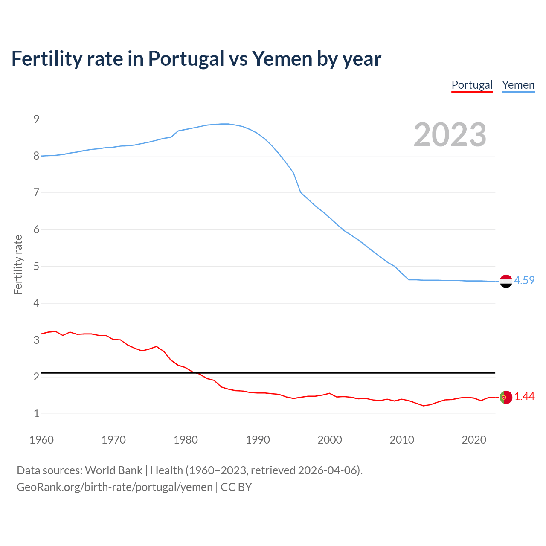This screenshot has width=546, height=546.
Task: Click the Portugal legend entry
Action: tap(472, 85)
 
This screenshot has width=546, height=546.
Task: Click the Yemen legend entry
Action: tap(518, 85)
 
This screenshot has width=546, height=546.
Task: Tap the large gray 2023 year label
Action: tap(450, 135)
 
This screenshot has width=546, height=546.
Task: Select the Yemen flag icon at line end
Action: tap(506, 281)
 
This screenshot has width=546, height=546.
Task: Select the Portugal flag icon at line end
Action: tap(506, 397)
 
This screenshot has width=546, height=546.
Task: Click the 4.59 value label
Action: tap(524, 280)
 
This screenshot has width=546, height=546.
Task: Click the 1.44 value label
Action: tap(524, 396)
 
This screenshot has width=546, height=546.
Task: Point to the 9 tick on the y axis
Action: tap(36, 119)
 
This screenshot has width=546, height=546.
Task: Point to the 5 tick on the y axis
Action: tap(36, 267)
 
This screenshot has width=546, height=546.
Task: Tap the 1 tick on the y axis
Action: tap(36, 413)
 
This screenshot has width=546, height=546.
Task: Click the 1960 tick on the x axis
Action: tap(41, 440)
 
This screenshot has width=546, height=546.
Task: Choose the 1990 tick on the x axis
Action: tap(258, 440)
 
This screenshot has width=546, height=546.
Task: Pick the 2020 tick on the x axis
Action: tap(474, 440)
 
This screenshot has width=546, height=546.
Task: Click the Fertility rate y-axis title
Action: tap(18, 264)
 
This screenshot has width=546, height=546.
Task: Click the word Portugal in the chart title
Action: tap(186, 58)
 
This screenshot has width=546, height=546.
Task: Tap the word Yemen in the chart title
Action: tap(282, 58)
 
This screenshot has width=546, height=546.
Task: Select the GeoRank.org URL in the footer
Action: tap(114, 487)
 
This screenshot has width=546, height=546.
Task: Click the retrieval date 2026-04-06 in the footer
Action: tap(327, 470)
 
